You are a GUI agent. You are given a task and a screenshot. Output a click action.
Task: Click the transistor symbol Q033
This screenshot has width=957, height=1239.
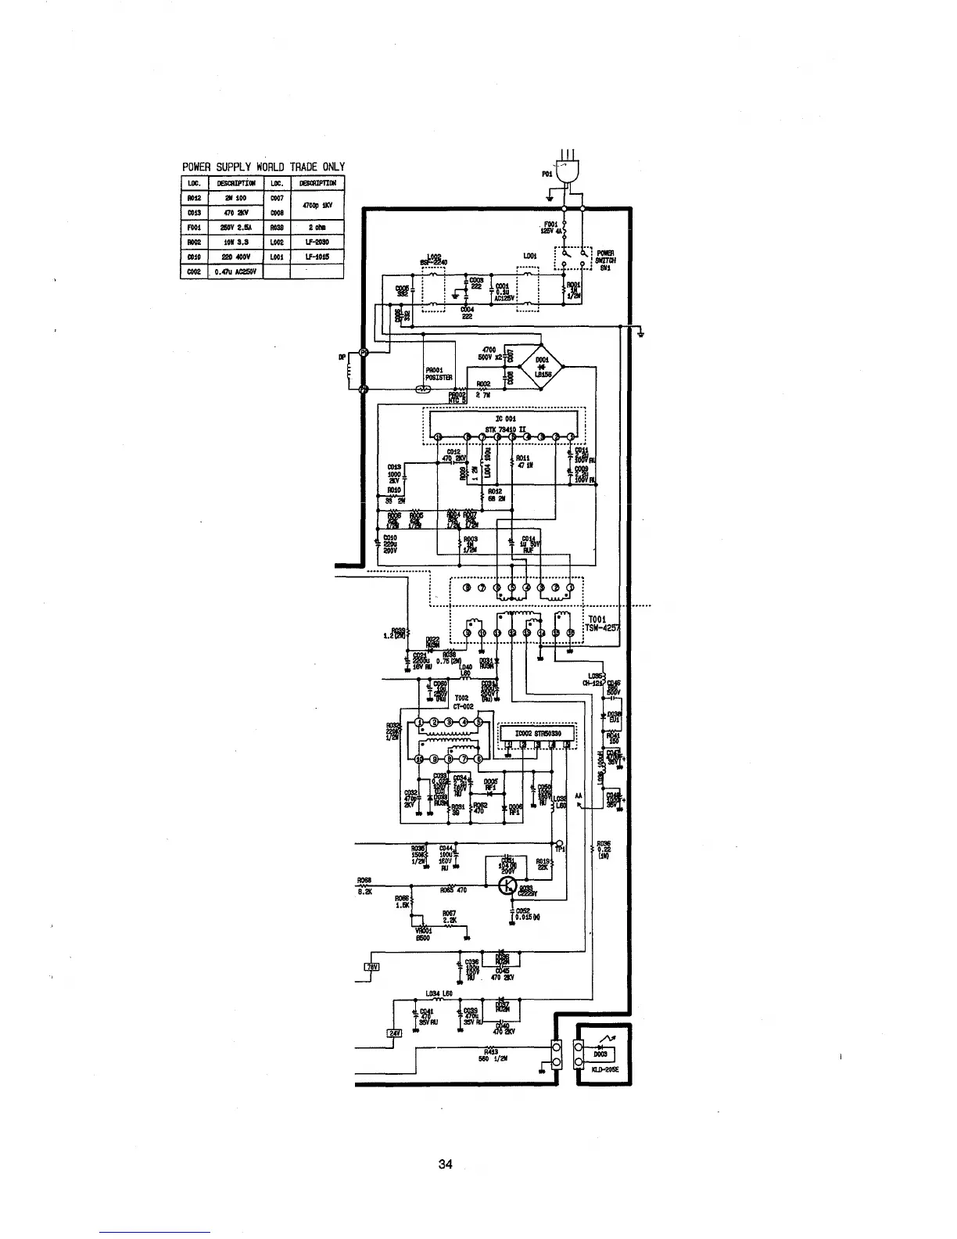click(x=509, y=885)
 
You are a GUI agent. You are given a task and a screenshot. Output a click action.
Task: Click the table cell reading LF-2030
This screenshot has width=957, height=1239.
click(x=317, y=242)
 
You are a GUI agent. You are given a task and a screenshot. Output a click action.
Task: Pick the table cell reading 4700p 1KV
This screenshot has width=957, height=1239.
click(x=317, y=205)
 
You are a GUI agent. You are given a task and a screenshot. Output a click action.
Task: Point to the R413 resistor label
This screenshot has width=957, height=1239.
click(x=490, y=1052)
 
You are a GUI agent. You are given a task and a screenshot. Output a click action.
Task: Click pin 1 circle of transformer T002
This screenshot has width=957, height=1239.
click(x=419, y=721)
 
